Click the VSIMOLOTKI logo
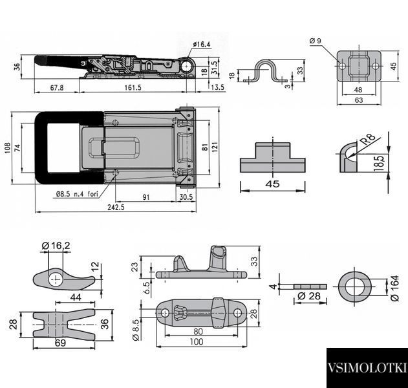[x=367, y=368]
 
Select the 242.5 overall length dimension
[x=116, y=207]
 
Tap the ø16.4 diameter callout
[x=202, y=45]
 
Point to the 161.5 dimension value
[x=133, y=87]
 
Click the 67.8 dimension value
[x=57, y=87]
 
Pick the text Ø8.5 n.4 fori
[x=78, y=194]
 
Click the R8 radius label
[x=368, y=139]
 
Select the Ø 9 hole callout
[x=316, y=41]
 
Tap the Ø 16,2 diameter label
[x=56, y=245]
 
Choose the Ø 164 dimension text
[x=394, y=288]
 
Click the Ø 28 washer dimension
[x=309, y=296]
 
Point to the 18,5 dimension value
[x=379, y=163]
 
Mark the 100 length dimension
[x=197, y=341]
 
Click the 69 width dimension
[x=60, y=343]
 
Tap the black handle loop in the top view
[x=41, y=147]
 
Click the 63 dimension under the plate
[x=359, y=100]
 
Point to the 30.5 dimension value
[x=186, y=197]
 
